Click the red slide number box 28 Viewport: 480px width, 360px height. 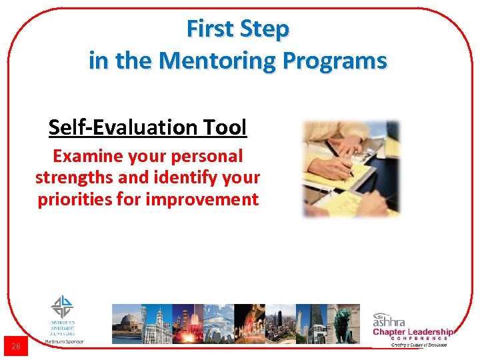(x=16, y=346)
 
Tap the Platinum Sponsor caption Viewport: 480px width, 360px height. (x=64, y=341)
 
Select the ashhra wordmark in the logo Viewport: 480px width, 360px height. (x=390, y=319)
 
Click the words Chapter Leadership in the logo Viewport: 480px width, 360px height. (x=413, y=331)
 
